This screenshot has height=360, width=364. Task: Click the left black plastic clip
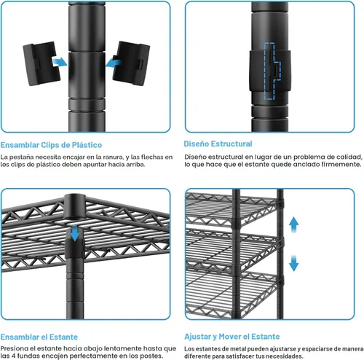[x=41, y=63]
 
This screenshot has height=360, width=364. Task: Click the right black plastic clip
[x=131, y=63]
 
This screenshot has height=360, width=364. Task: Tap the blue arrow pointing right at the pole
[x=60, y=62]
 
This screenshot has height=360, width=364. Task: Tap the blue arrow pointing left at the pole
[x=114, y=63]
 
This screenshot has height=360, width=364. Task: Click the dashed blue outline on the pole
[x=272, y=71]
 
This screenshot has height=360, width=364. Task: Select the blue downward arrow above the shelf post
[x=75, y=233]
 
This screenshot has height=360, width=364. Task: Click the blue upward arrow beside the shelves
[x=293, y=224]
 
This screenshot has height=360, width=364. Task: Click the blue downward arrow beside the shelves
[x=293, y=263]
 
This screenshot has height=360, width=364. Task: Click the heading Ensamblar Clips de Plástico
[x=51, y=145]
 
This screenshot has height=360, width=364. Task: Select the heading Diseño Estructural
[x=218, y=144]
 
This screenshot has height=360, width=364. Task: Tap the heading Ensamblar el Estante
[x=39, y=337]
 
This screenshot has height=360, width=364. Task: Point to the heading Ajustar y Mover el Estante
[x=232, y=337]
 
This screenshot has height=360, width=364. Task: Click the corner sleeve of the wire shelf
[x=75, y=206]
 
